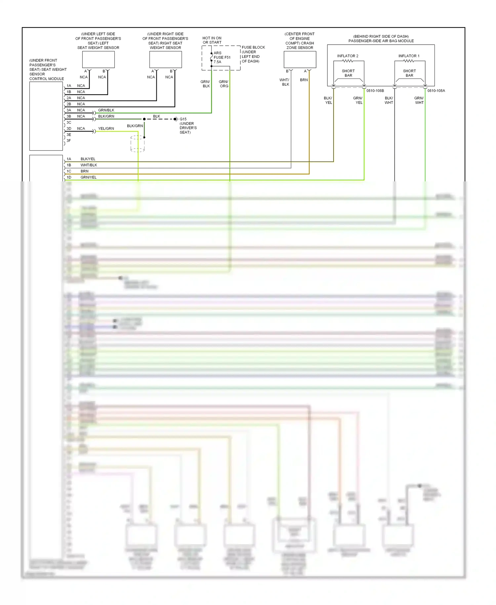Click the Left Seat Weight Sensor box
(x=98, y=60)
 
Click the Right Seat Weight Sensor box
(x=165, y=60)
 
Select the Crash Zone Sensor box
(x=300, y=60)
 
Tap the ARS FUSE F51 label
(x=222, y=57)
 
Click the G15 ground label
(x=183, y=119)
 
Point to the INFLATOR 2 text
(x=348, y=56)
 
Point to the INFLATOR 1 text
(x=409, y=56)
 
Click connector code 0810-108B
(x=375, y=91)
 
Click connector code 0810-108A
(x=436, y=91)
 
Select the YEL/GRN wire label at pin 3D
(x=106, y=128)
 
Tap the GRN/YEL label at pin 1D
(x=89, y=177)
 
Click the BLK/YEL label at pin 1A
(x=88, y=159)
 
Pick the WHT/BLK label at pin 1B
(x=89, y=165)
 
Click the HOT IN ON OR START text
(x=212, y=40)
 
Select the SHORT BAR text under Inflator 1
(x=409, y=73)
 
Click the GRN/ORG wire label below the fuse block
(x=224, y=84)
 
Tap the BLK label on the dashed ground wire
(x=156, y=116)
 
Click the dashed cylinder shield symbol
(x=138, y=144)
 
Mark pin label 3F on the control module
(x=69, y=141)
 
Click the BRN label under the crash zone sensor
(x=304, y=80)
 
